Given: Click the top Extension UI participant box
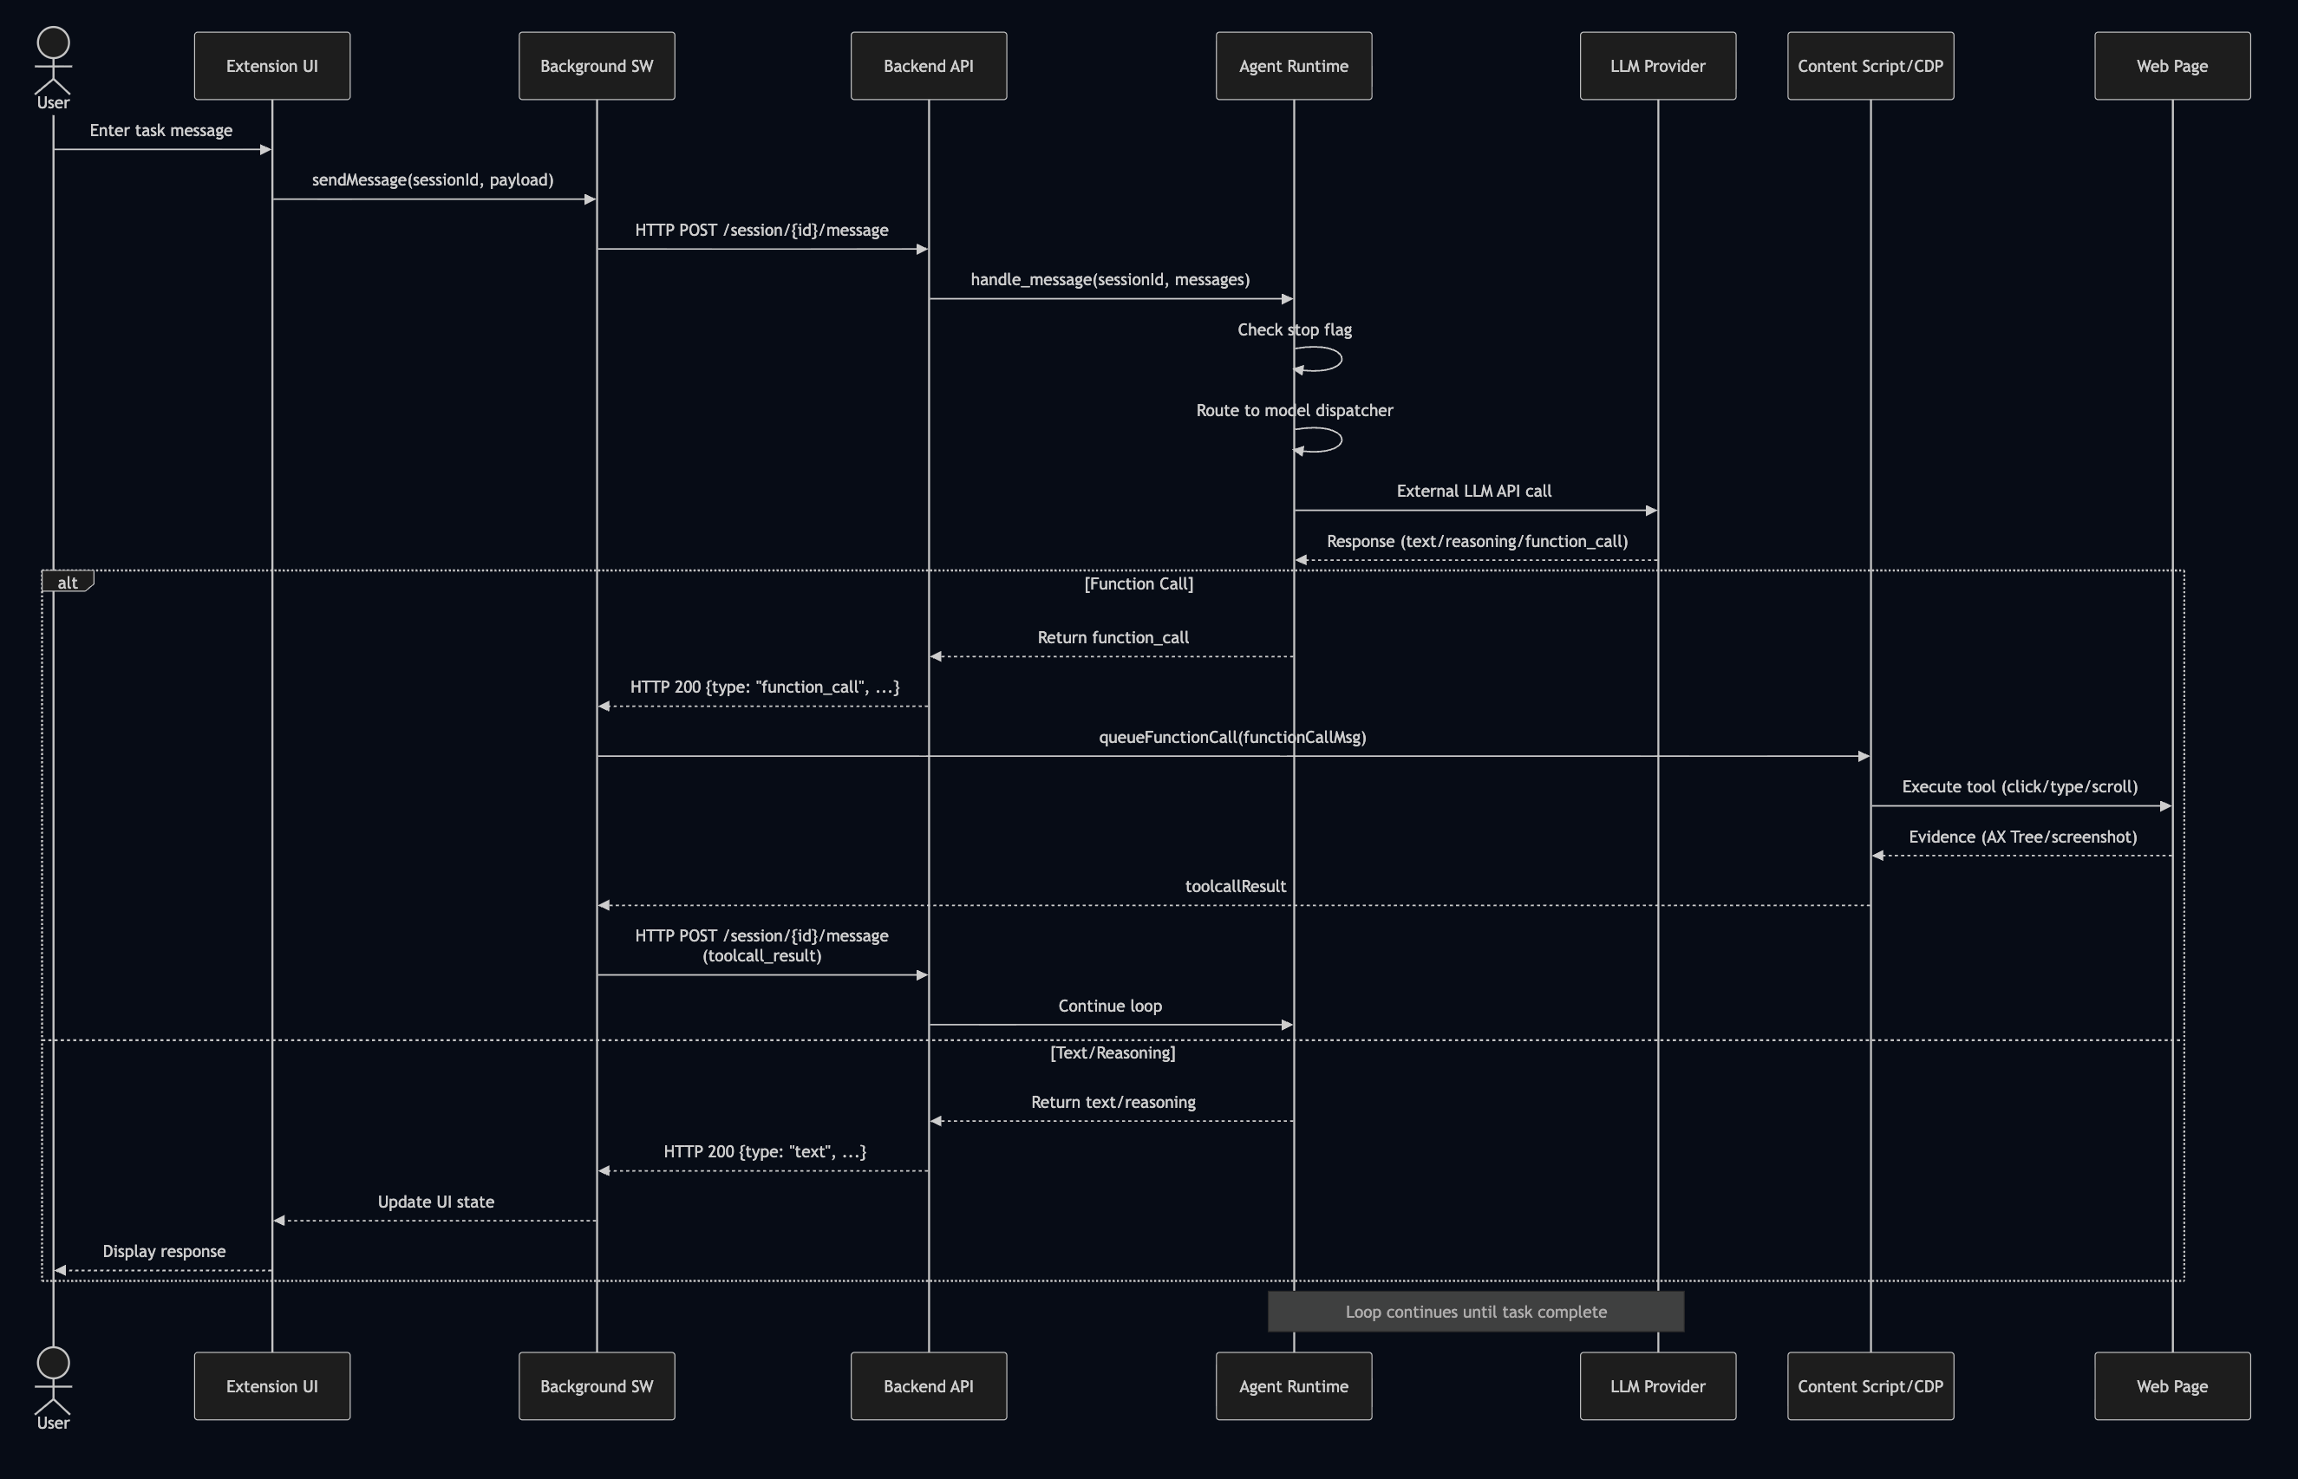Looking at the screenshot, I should pos(272,66).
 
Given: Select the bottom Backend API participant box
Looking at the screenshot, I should pos(928,1386).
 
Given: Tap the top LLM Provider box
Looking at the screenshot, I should pos(1657,66).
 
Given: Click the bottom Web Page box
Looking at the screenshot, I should pos(2171,1386).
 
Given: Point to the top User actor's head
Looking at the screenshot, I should pos(53,43).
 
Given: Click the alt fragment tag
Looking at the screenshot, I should pos(68,582).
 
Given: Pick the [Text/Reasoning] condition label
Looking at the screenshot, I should pos(1113,1052).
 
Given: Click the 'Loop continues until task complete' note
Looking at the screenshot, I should pos(1476,1312).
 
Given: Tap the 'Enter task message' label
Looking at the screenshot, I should pos(161,131).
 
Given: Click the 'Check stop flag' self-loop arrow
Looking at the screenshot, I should pos(1330,359).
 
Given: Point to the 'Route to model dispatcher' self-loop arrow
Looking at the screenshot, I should pos(1330,440).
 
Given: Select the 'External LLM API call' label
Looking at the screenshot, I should pos(1473,491).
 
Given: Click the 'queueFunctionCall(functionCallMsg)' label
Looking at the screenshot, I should pos(1232,738).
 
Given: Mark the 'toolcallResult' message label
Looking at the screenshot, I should pos(1236,886).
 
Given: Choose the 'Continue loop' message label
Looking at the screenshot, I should pos(1110,1007).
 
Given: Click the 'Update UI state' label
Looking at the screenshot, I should pos(435,1202).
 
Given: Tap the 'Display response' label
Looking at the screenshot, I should pos(164,1251).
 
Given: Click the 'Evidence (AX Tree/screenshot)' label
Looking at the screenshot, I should pos(2022,837).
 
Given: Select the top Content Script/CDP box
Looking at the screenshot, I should pos(1870,66).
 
